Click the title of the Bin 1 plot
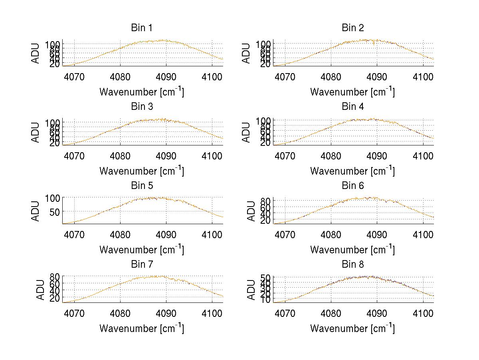142,28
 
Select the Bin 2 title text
353,28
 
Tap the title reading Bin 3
142,107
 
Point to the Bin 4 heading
353,107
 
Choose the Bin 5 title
142,186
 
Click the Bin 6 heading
353,186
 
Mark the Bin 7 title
142,265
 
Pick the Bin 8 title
353,265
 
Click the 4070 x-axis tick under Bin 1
74,77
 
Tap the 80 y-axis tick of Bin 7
55,276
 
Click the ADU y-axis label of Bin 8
251,290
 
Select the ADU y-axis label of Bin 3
36,132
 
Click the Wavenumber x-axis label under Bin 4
352,171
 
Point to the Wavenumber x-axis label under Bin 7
142,328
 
